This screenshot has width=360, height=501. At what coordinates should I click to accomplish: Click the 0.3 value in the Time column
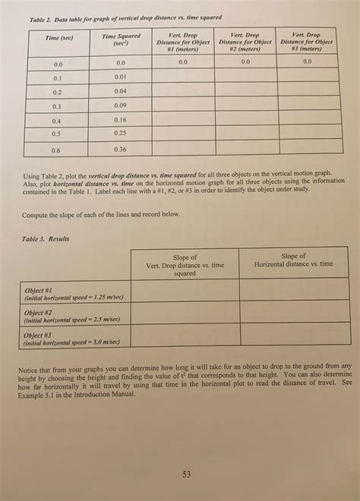point(57,106)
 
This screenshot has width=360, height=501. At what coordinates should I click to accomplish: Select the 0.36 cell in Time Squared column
point(120,150)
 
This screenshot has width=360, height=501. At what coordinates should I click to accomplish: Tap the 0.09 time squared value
point(120,106)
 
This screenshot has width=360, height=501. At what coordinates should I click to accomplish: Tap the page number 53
point(187,475)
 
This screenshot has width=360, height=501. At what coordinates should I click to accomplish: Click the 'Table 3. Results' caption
point(46,238)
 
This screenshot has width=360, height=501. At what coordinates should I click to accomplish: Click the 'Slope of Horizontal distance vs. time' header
point(293,260)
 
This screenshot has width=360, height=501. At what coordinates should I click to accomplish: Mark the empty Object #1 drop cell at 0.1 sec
point(182,77)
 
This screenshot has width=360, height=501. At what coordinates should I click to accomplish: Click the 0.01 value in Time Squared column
point(120,77)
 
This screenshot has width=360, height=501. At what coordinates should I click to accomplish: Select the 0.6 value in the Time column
point(58,150)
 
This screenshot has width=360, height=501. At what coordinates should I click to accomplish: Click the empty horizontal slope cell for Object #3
point(293,335)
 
